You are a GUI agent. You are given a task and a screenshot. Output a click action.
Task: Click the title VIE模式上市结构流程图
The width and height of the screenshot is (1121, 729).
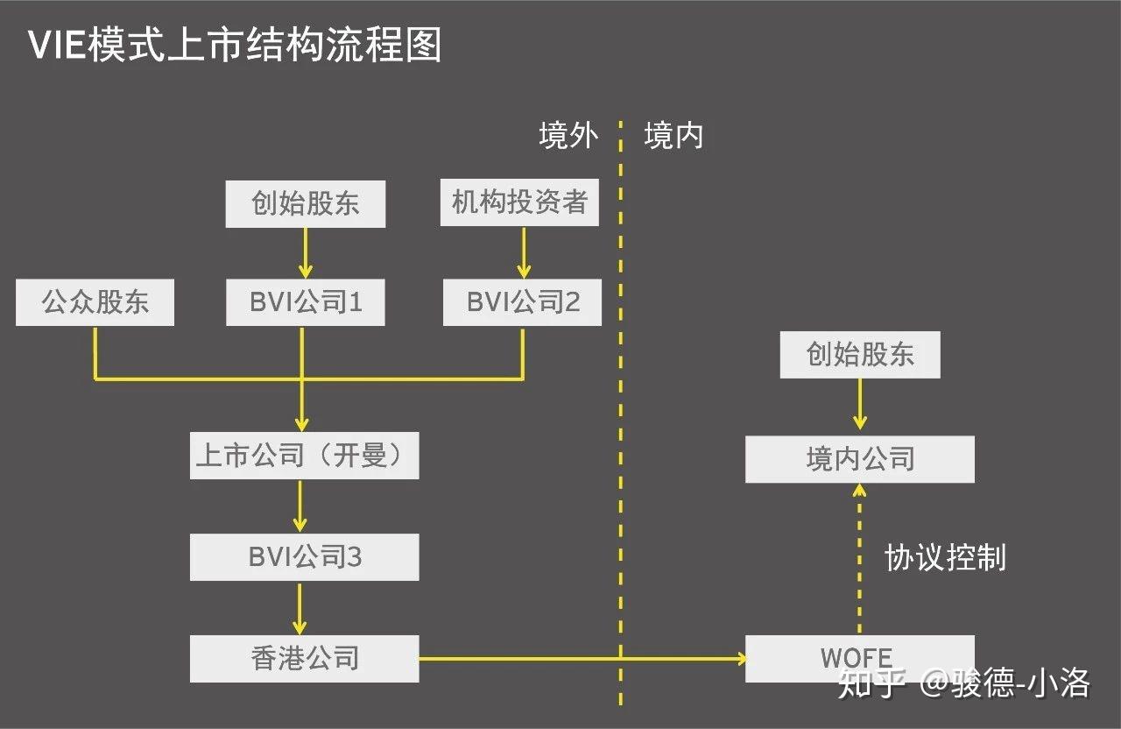235,45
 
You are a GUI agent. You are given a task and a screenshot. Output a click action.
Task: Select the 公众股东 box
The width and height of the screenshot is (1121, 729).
95,302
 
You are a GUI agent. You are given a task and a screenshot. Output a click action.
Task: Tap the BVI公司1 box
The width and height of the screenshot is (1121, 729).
305,302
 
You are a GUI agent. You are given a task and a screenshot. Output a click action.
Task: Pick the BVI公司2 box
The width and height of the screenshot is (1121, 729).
522,302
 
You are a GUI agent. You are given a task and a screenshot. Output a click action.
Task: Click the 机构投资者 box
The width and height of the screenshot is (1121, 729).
519,203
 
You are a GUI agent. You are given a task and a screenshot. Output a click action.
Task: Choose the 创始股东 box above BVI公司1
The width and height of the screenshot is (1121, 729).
305,204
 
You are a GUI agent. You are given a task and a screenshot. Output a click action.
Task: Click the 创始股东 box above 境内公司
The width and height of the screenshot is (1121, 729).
859,355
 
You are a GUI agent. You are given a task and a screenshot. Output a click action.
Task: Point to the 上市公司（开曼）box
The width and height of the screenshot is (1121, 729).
304,456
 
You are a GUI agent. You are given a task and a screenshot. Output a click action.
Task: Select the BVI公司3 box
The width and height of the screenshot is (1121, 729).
304,557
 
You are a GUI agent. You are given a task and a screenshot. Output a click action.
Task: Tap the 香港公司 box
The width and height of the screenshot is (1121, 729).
304,658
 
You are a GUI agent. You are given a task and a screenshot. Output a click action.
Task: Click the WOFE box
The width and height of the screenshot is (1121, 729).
858,658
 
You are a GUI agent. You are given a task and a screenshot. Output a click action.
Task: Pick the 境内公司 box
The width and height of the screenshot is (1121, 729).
859,459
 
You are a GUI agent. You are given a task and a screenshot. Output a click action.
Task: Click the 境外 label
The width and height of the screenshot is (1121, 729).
568,136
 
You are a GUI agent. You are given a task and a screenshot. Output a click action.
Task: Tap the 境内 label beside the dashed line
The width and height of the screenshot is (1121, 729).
673,136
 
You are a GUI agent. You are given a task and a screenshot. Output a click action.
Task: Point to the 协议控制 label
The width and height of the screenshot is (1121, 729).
945,557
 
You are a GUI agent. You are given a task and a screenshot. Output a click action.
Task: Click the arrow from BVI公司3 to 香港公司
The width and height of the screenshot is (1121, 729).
300,607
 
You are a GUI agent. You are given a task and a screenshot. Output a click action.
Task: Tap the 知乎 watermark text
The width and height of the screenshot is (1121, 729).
869,683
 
